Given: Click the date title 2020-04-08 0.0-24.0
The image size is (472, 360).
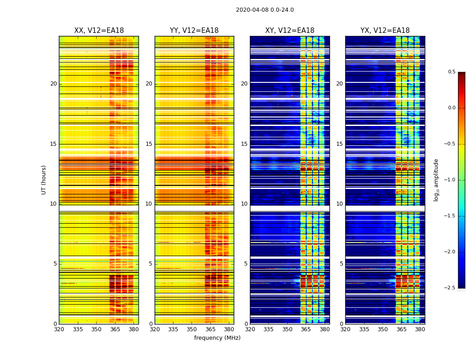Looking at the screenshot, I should pyautogui.click(x=265, y=10).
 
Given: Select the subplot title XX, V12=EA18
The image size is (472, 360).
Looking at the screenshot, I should pyautogui.click(x=99, y=31).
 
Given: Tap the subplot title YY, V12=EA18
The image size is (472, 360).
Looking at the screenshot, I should pyautogui.click(x=194, y=31).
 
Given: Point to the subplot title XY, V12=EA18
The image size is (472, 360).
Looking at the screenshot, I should pyautogui.click(x=289, y=31).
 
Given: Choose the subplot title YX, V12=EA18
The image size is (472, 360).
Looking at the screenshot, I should pyautogui.click(x=385, y=31).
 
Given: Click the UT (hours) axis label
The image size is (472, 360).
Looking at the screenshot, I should pyautogui.click(x=44, y=180).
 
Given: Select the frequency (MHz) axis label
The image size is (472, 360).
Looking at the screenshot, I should pyautogui.click(x=217, y=338).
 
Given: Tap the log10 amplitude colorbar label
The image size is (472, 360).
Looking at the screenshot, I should pyautogui.click(x=436, y=180).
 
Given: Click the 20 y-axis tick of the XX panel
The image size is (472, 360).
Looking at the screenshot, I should pyautogui.click(x=53, y=84).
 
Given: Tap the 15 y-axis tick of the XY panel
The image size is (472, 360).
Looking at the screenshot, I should pyautogui.click(x=244, y=144).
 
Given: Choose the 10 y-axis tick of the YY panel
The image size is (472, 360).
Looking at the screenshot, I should pyautogui.click(x=149, y=204).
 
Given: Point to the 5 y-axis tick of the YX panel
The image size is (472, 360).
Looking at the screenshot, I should pyautogui.click(x=341, y=264).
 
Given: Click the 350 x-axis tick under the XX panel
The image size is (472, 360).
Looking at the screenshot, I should pyautogui.click(x=97, y=330).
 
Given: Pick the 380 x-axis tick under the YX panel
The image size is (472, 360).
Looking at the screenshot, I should pyautogui.click(x=420, y=330).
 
